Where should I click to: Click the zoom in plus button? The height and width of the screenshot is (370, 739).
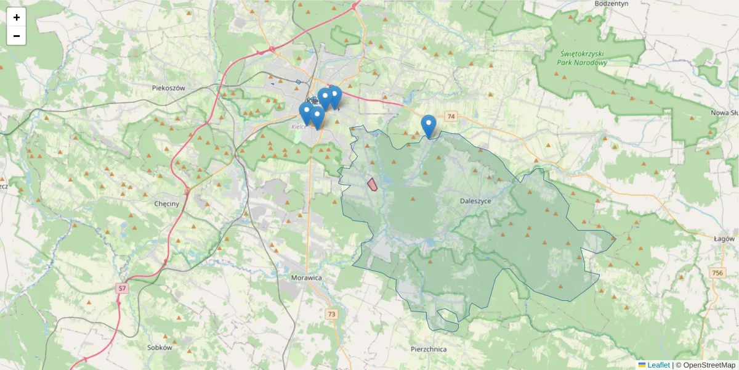[17, 17]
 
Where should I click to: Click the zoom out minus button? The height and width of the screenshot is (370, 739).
[17, 36]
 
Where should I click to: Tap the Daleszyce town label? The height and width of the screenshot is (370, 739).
[475, 201]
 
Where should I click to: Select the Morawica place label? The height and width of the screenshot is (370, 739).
[306, 278]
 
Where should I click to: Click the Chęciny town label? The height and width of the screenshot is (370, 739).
[166, 203]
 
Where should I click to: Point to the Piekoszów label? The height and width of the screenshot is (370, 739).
[168, 88]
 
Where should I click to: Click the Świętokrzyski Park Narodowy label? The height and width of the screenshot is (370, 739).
[581, 58]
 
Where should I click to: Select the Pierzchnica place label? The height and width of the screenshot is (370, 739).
[428, 349]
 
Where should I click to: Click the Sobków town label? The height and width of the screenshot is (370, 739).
[158, 347]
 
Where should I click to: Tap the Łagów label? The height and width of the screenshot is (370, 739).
[724, 239]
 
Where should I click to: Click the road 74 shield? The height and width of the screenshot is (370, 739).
[451, 117]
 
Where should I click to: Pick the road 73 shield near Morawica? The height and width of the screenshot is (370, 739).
[332, 314]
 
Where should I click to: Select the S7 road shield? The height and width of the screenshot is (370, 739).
[123, 288]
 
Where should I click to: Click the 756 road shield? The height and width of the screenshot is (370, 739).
[716, 273]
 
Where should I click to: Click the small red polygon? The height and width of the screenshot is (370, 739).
[373, 184]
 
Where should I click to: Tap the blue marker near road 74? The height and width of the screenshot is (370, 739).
[429, 126]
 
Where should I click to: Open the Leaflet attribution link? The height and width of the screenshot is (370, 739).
[658, 365]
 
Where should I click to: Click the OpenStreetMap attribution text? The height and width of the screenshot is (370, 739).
[709, 365]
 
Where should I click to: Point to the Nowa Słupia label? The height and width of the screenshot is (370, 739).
[724, 113]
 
